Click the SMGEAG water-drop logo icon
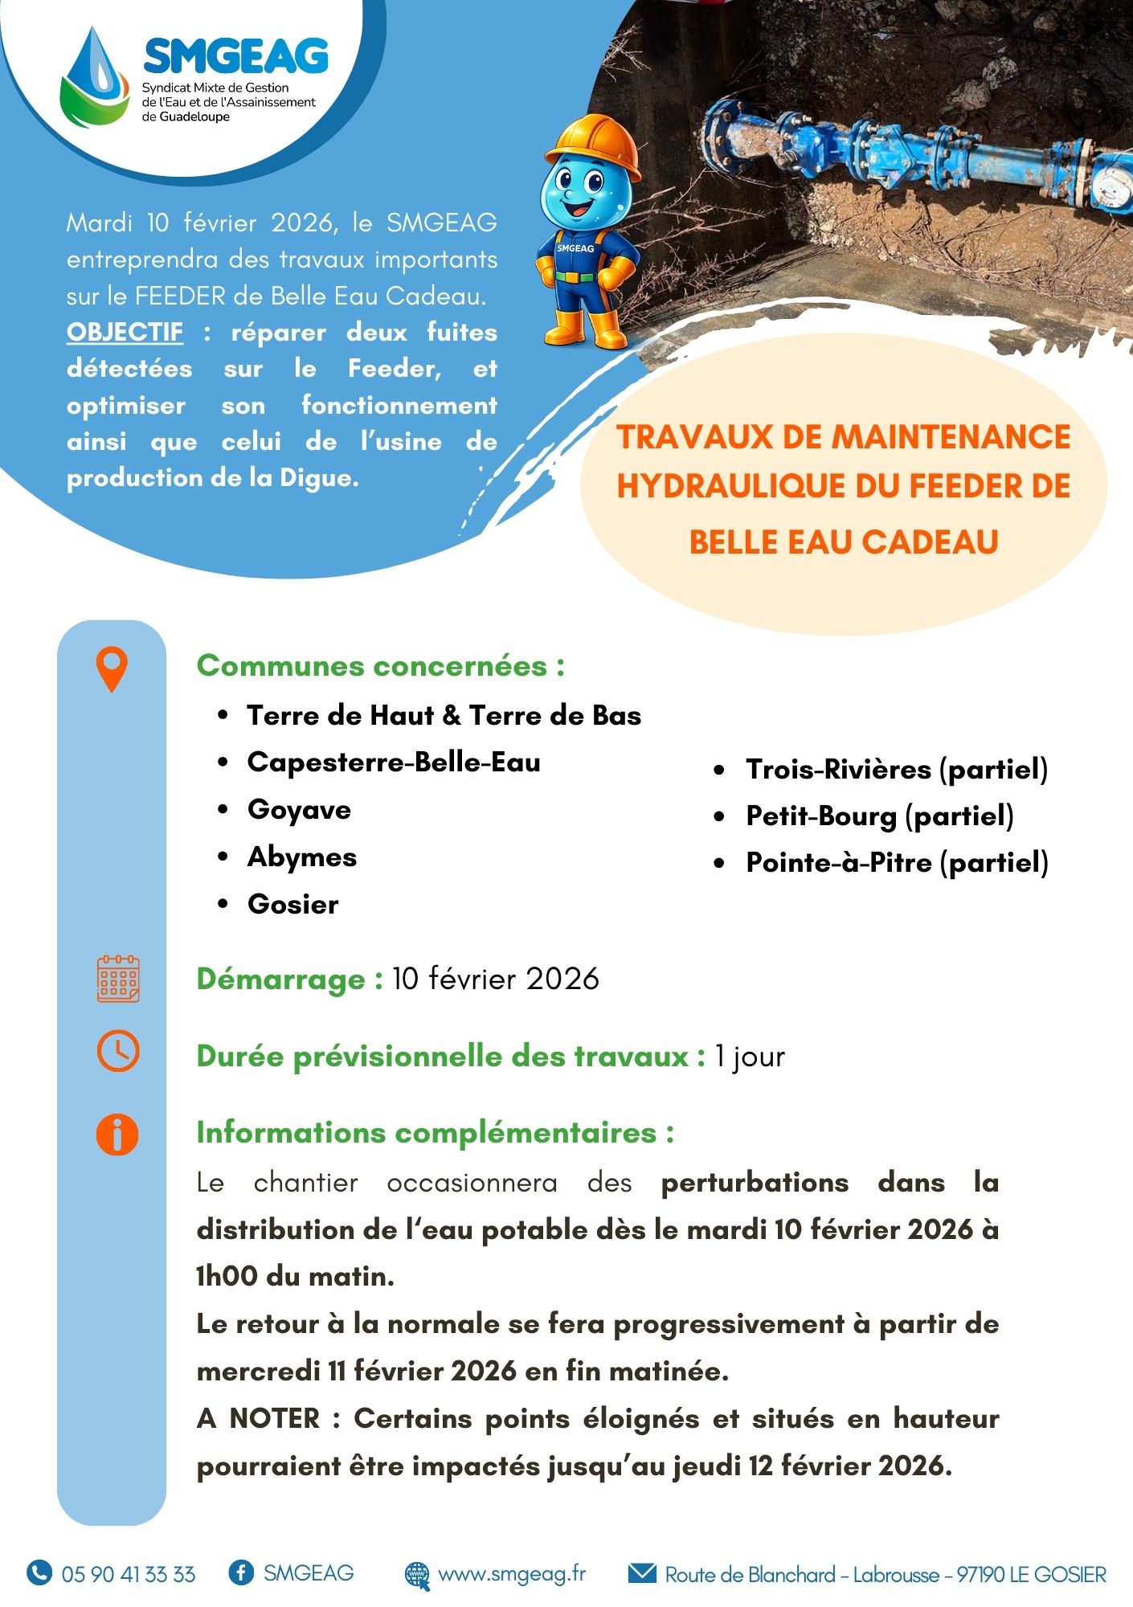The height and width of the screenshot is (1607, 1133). [95, 79]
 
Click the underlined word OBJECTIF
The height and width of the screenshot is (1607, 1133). [125, 332]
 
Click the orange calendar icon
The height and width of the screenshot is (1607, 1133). [118, 979]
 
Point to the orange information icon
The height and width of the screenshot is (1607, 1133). [117, 1135]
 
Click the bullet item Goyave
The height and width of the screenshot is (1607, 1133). [299, 809]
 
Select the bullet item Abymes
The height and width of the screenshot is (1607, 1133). [301, 857]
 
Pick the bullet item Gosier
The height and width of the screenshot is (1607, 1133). [292, 904]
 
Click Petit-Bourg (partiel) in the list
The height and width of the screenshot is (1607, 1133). [879, 816]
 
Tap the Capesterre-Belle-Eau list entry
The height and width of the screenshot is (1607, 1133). [393, 762]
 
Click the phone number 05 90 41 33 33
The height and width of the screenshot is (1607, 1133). [128, 1573]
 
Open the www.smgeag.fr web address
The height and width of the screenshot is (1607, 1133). [511, 1573]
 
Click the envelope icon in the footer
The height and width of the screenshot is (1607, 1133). [641, 1572]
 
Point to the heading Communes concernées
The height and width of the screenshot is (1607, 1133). [380, 665]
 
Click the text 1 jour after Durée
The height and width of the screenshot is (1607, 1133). [750, 1056]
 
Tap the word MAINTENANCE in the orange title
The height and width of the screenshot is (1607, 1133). [950, 436]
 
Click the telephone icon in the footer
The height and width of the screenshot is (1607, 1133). [39, 1572]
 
